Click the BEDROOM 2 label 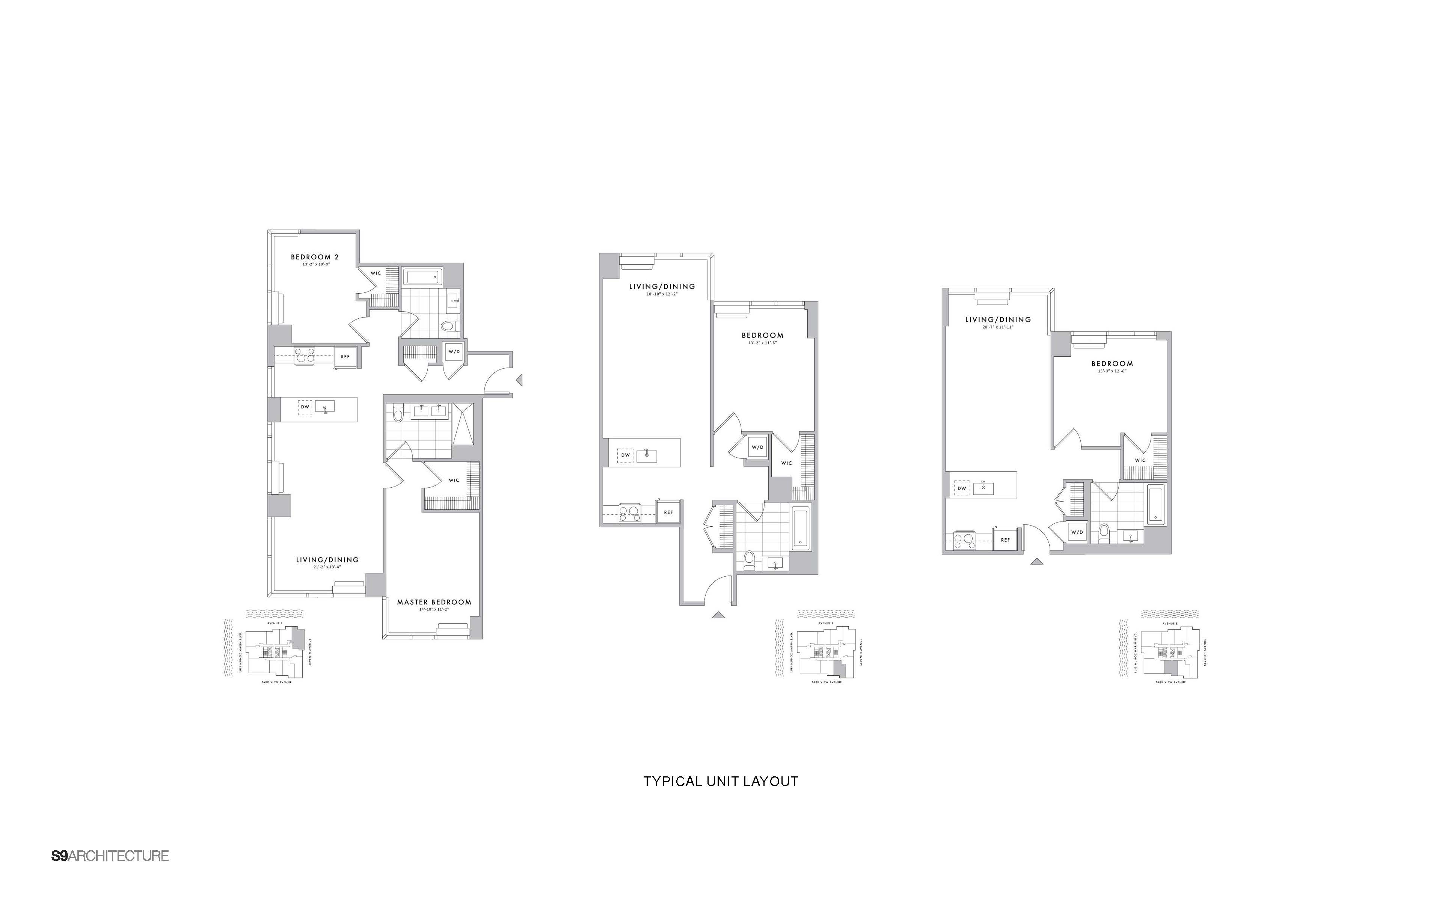315,257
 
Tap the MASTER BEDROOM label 434,602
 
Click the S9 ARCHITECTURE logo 110,856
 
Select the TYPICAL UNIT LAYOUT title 720,781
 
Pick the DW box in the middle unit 625,455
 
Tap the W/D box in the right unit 1076,532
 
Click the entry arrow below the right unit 1038,561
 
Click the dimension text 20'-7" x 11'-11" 997,327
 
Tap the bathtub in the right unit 1155,505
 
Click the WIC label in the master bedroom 454,480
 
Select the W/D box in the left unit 454,352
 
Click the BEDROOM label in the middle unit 762,336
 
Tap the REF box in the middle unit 668,512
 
